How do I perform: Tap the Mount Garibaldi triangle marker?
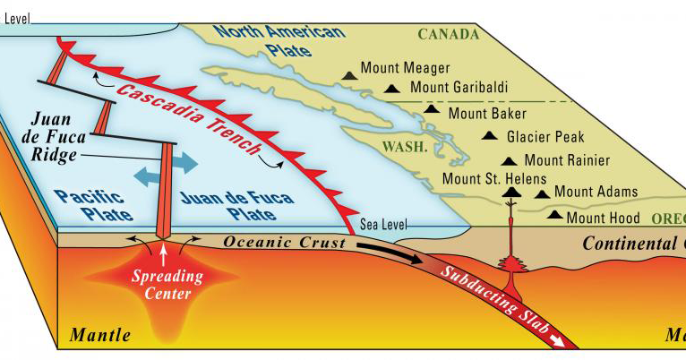(x=391, y=89)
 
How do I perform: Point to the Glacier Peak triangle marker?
(x=489, y=136)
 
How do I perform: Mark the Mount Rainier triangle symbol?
(x=509, y=162)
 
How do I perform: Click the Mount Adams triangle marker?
(x=541, y=193)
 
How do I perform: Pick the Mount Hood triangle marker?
(x=555, y=215)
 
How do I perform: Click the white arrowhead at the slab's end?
(x=561, y=341)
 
